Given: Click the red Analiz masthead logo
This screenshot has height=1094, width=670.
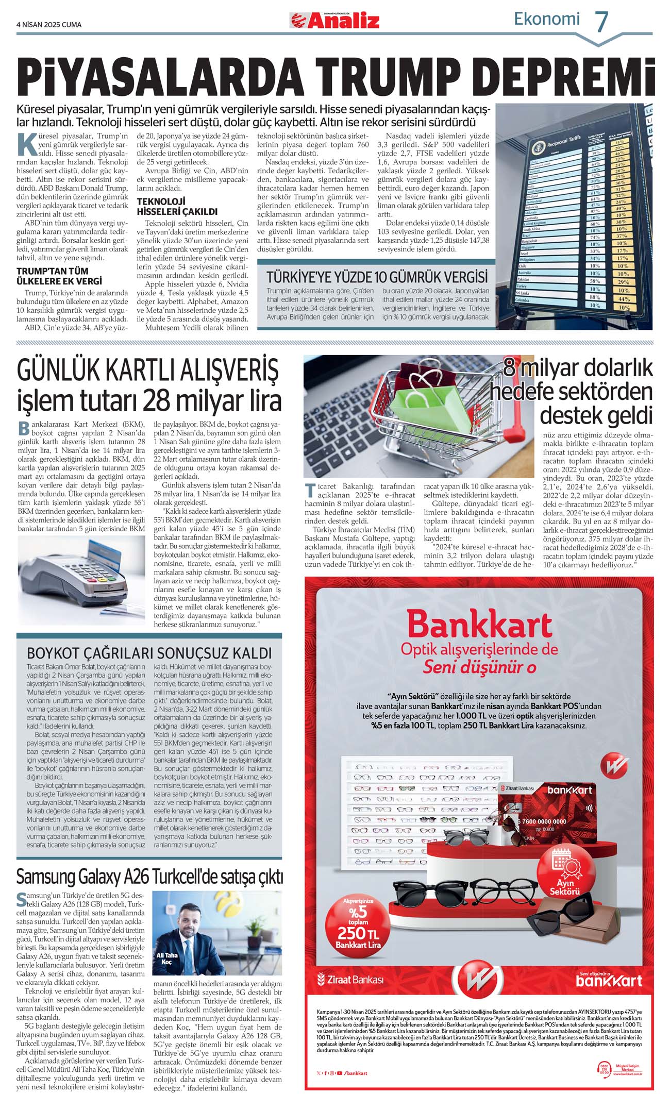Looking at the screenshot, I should click(335, 21).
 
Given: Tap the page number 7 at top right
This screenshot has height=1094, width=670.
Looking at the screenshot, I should click(601, 22).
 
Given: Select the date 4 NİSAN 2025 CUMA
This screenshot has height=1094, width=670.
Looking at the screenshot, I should click(49, 24).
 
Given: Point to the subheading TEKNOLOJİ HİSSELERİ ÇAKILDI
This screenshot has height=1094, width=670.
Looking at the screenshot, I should click(177, 207).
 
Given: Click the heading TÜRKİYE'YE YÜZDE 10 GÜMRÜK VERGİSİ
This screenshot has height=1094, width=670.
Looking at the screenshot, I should click(377, 277).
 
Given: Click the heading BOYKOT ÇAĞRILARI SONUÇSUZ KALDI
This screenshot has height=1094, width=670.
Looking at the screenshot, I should click(149, 653).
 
